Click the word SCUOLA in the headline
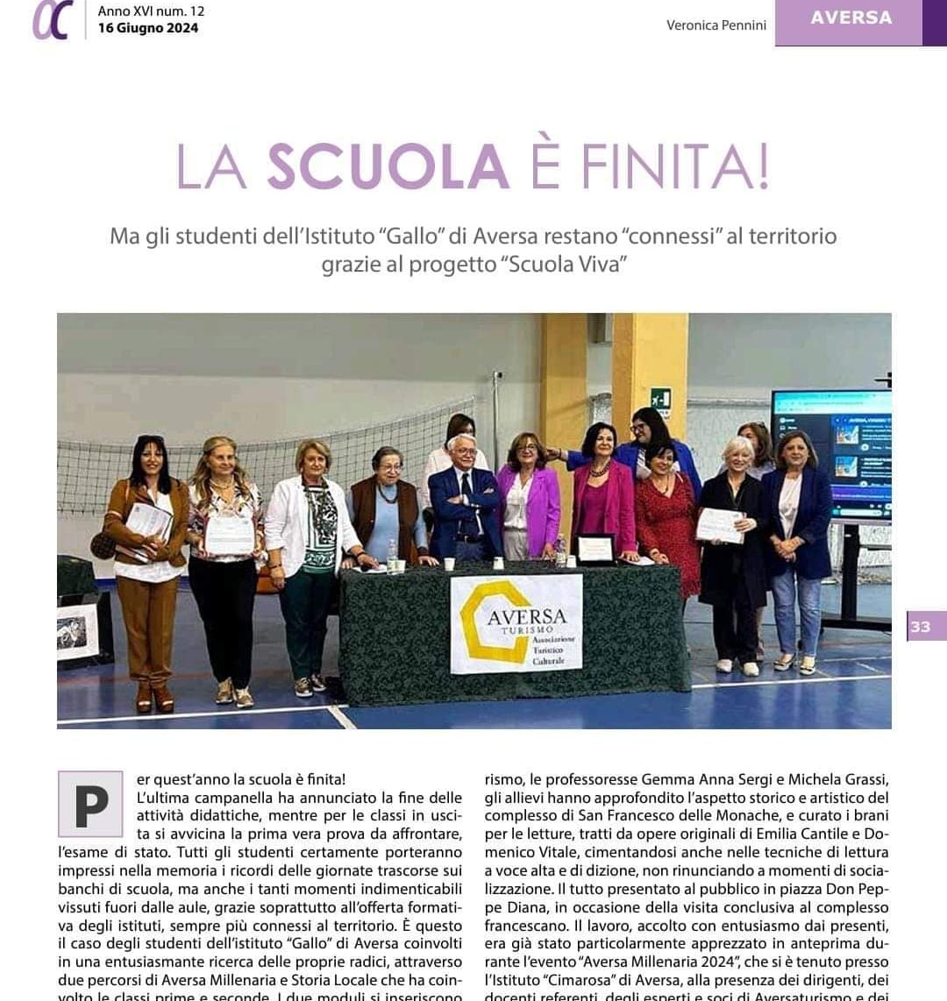[388, 166]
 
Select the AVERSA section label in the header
[851, 18]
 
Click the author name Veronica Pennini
[716, 25]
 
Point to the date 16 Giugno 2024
[148, 28]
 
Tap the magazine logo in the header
[50, 21]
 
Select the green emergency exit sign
[660, 398]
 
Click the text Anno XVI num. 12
[150, 11]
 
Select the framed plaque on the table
[596, 549]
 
